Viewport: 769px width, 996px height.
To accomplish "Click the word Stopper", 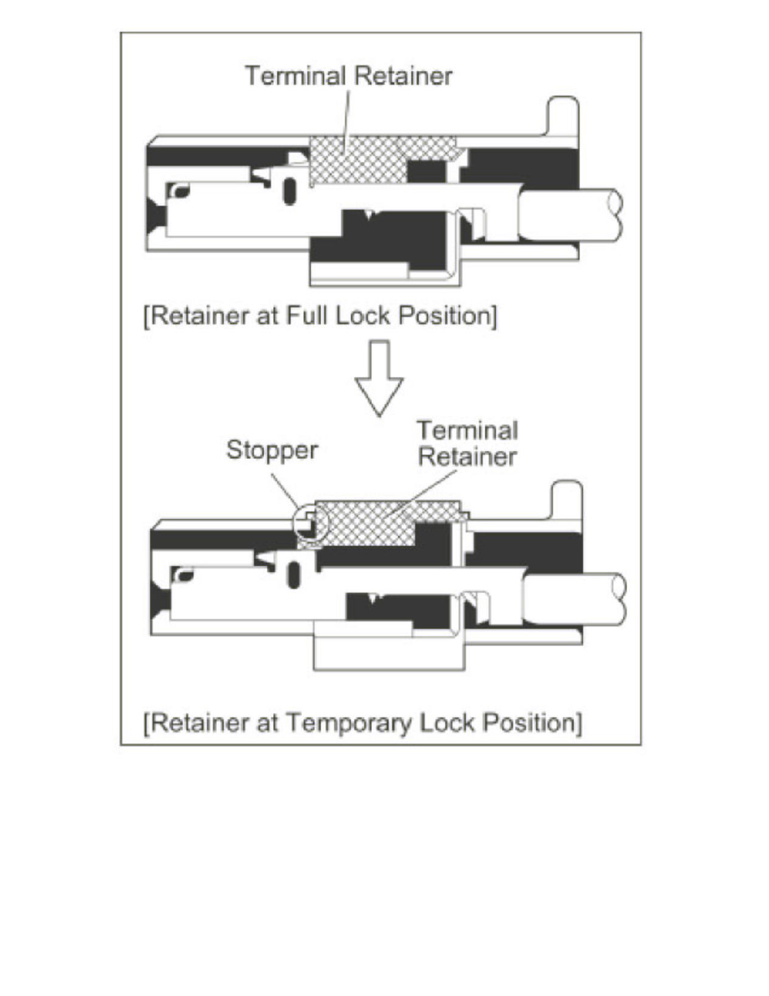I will click(x=272, y=450).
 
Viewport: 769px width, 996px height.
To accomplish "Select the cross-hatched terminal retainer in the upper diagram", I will click(x=356, y=159).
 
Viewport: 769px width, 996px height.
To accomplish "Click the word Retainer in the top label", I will click(x=403, y=75).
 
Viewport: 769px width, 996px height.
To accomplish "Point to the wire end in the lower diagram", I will click(x=575, y=598).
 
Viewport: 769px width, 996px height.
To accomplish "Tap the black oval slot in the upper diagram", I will click(x=290, y=191).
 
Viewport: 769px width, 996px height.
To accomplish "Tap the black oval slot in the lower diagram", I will click(x=293, y=576).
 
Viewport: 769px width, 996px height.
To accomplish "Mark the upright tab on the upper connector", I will click(x=562, y=117).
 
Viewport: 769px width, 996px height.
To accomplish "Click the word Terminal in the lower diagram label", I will click(x=467, y=431).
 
